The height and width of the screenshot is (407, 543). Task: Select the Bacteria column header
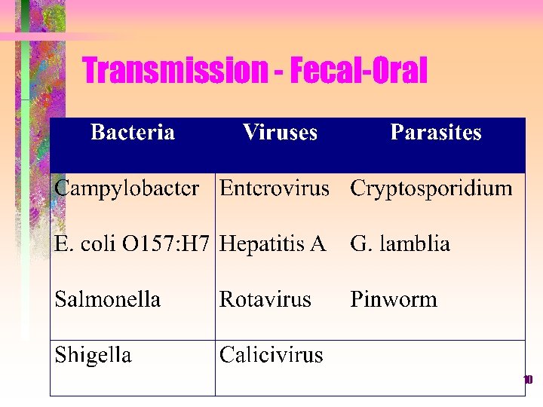pos(133,133)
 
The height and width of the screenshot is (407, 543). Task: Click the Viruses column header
pos(280,133)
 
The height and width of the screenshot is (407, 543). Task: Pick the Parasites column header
pos(436,133)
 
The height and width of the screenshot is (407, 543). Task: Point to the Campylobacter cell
pos(127,188)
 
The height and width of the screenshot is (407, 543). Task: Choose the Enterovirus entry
pos(275,188)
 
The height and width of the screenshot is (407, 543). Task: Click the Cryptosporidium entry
pos(431,188)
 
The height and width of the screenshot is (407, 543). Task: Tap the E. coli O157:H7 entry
pos(132,244)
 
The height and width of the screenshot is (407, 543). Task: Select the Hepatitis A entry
pos(273,244)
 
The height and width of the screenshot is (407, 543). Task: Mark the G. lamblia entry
pos(400,244)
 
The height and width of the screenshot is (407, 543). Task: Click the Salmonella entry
pos(108,299)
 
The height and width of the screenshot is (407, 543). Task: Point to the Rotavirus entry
pos(265,299)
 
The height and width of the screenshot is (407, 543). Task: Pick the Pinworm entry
pos(394,299)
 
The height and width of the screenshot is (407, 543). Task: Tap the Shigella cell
pos(94,355)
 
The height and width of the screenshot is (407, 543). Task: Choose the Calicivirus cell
pos(271,355)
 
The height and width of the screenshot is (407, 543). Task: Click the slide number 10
pos(528,380)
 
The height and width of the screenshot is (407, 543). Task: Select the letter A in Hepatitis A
pos(318,244)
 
